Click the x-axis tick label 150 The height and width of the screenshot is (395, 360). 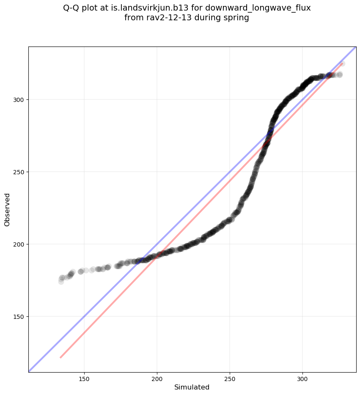tap(84, 377)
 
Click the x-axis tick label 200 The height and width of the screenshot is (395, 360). tap(157, 377)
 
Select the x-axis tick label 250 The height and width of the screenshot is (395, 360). tap(230, 377)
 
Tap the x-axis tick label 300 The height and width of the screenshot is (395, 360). tap(302, 377)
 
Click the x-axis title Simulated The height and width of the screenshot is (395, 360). tap(192, 387)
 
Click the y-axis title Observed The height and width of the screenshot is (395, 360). tap(7, 209)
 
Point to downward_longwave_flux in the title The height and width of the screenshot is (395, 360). tap(258, 8)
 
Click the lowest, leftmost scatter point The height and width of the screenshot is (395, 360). tap(61, 281)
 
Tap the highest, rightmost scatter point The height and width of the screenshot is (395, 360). tap(342, 64)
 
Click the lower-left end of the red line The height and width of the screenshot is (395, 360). tap(60, 358)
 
